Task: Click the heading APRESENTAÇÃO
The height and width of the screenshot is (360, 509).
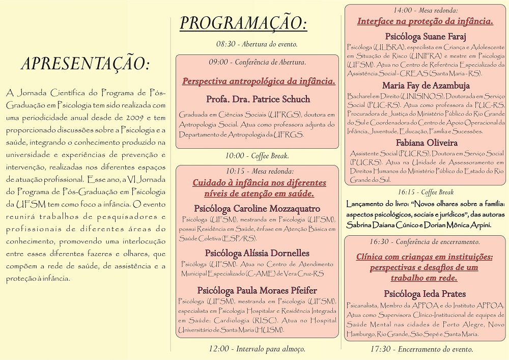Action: (x=86, y=64)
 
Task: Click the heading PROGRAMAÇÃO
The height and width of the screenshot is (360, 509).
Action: (x=243, y=23)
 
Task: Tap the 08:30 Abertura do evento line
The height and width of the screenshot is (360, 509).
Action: (x=257, y=44)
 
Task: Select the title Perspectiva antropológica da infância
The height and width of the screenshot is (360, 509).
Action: (x=259, y=81)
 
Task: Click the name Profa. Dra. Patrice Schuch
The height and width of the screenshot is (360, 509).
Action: (x=258, y=99)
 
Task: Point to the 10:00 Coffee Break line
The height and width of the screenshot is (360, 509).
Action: (x=257, y=156)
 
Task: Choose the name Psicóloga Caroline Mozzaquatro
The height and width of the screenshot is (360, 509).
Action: (x=257, y=208)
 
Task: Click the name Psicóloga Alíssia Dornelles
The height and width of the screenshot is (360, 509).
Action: (x=257, y=253)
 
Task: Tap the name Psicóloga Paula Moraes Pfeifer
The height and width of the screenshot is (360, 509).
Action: (x=257, y=290)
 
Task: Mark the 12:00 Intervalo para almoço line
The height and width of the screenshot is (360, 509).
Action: (x=257, y=349)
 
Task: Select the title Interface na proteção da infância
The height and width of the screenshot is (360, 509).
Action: (x=426, y=21)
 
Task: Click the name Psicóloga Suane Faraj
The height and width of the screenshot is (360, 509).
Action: (x=426, y=36)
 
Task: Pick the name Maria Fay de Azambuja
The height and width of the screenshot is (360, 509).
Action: (x=426, y=86)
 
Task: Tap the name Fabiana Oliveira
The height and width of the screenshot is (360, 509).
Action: (x=426, y=143)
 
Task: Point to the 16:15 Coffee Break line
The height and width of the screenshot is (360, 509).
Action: (x=426, y=192)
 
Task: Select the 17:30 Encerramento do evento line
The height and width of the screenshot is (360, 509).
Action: (x=426, y=349)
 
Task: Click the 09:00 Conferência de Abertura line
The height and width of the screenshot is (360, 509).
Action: (x=257, y=62)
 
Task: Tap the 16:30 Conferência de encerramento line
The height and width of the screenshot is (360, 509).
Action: (x=426, y=242)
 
